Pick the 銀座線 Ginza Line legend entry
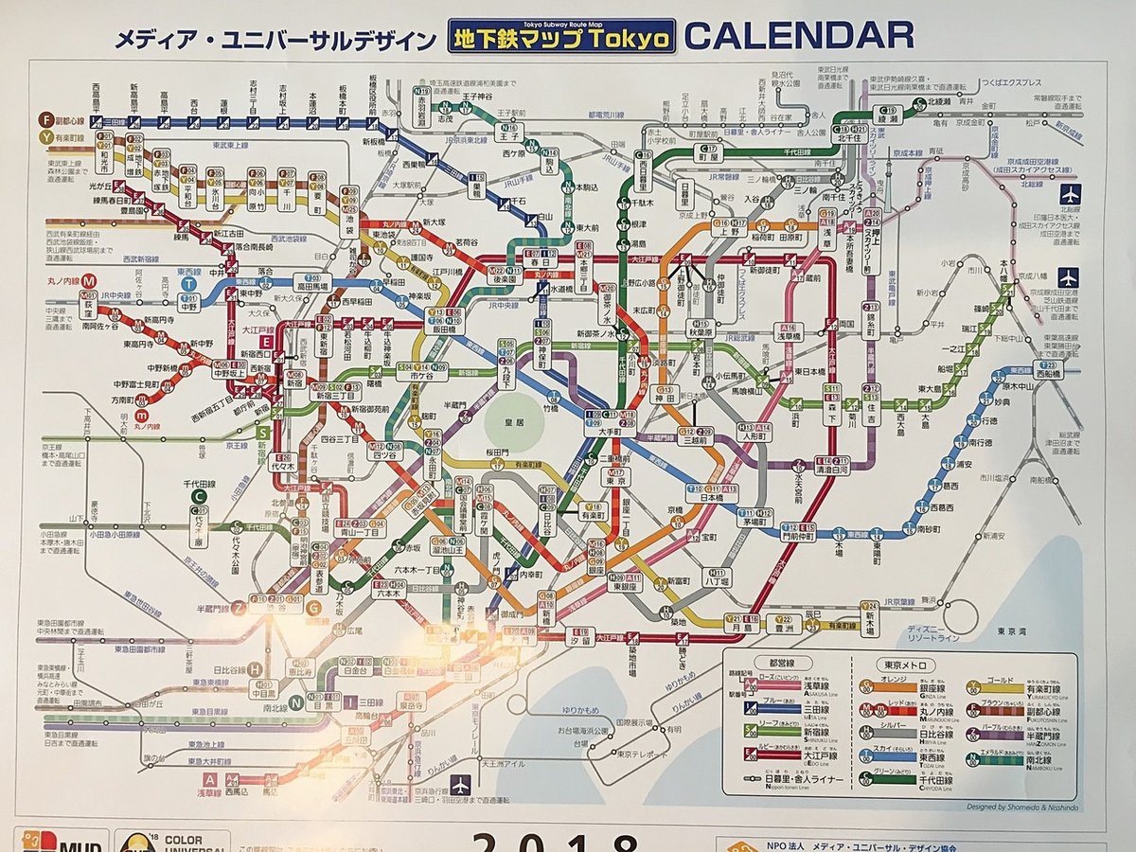pyautogui.click(x=909, y=690)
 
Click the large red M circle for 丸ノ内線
pyautogui.click(x=87, y=280)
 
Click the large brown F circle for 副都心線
pyautogui.click(x=45, y=119)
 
